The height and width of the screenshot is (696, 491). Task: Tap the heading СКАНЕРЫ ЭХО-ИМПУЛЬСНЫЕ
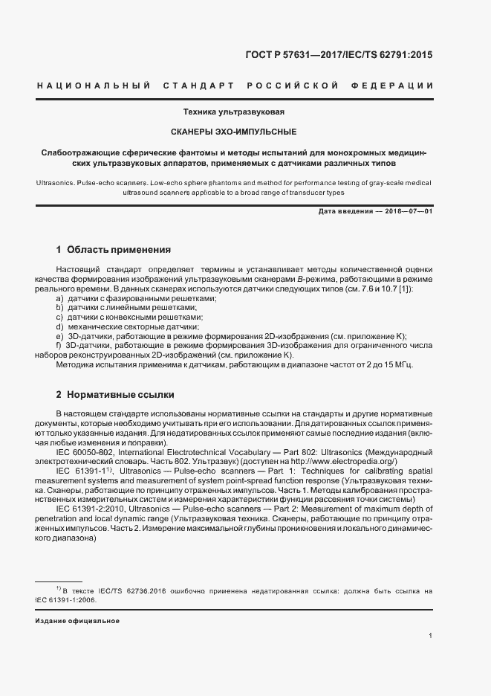coord(234,132)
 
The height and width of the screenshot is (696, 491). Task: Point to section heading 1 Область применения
coord(114,249)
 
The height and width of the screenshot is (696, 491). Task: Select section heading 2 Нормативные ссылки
coord(115,393)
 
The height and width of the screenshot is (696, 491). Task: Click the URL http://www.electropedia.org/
coord(346,462)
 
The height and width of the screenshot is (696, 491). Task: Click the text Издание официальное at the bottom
coord(77,620)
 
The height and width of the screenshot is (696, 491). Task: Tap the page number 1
coord(431,636)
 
